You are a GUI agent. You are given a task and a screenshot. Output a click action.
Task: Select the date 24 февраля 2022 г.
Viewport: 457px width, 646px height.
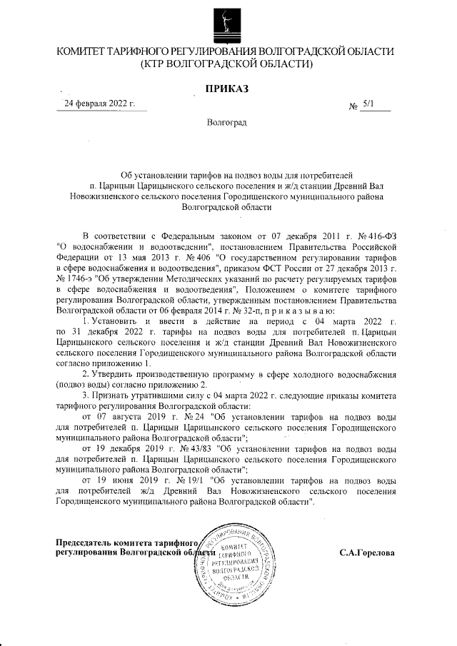pyautogui.click(x=99, y=104)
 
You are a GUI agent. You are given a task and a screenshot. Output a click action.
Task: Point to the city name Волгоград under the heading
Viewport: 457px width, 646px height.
pyautogui.click(x=226, y=123)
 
